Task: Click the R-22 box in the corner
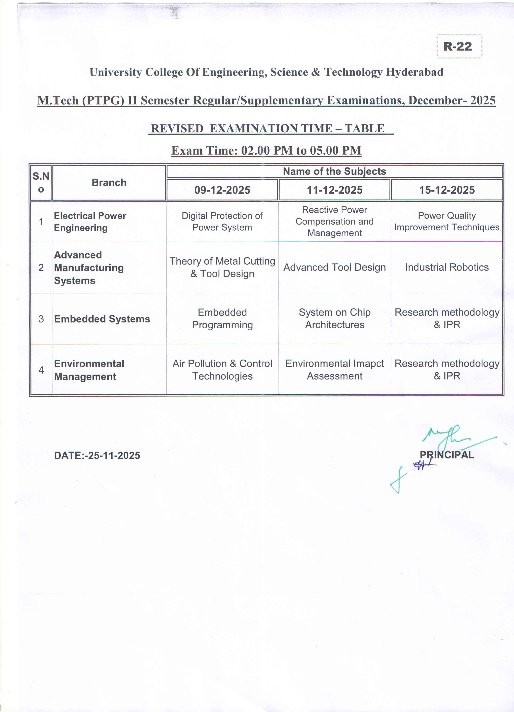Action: [x=459, y=47]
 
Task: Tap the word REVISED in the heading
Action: [x=177, y=129]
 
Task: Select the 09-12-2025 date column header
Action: [x=222, y=190]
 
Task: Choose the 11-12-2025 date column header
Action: [x=335, y=190]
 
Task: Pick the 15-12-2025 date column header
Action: [x=447, y=190]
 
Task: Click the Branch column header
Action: [x=109, y=182]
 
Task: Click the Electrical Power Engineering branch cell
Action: [x=90, y=222]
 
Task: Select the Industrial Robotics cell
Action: [x=447, y=267]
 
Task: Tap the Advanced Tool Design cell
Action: [x=335, y=267]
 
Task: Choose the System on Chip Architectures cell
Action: [x=335, y=318]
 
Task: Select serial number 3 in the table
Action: [x=41, y=319]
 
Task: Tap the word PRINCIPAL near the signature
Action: [x=447, y=455]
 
